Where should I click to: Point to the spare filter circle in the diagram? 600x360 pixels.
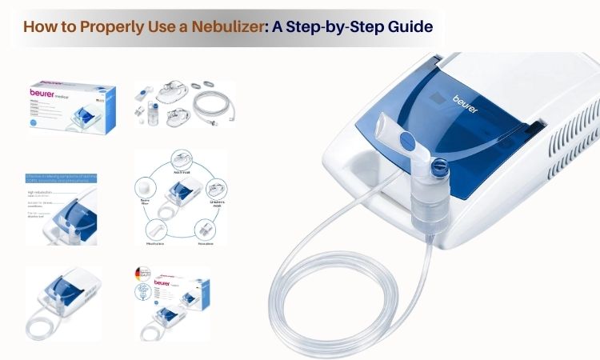[147, 187]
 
